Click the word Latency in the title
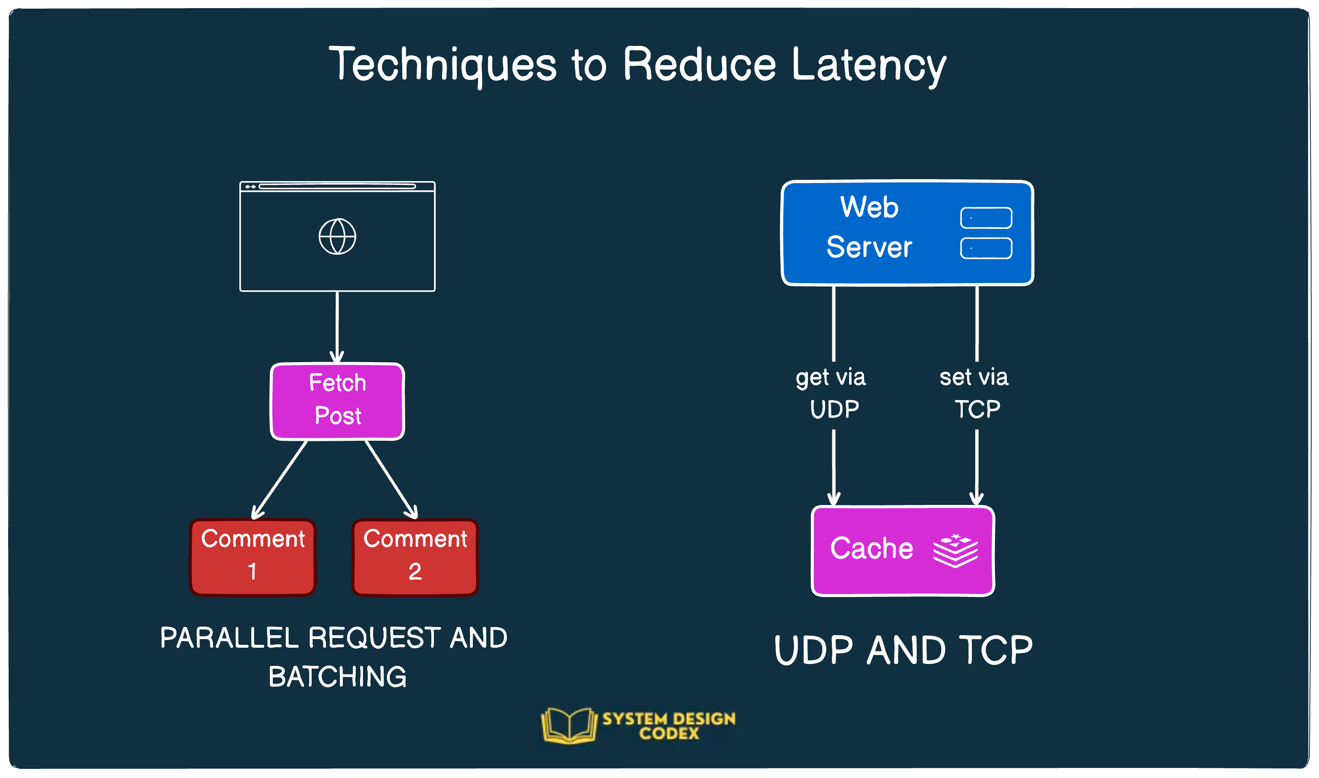868,65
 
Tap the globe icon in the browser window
338,237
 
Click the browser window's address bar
337,186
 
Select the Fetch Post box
338,401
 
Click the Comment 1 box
252,557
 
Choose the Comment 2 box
415,557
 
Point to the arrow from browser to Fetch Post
337,325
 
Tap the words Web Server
869,227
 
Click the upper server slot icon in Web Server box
986,217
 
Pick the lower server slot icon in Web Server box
986,248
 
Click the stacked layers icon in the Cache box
955,550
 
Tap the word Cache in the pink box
872,549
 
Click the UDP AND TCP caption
903,650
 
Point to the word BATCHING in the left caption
338,676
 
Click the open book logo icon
569,726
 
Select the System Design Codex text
668,726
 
